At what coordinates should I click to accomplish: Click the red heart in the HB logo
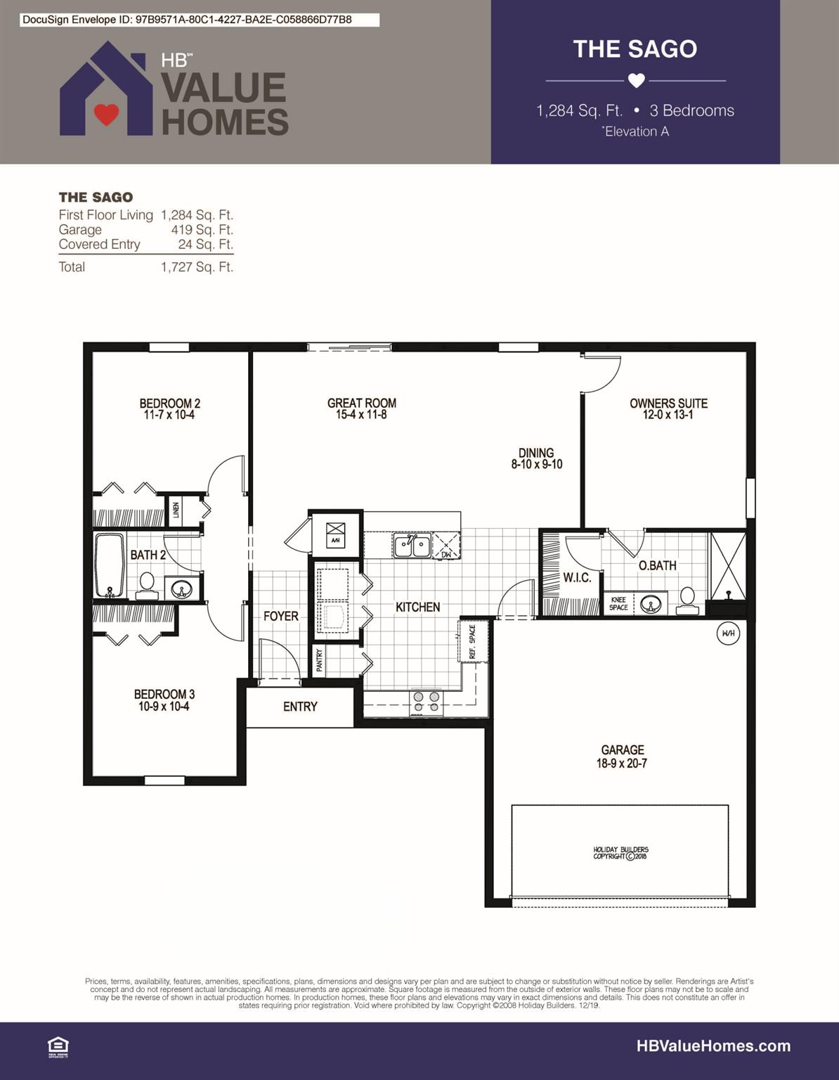pyautogui.click(x=106, y=114)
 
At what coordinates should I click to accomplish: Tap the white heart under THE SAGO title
pyautogui.click(x=636, y=81)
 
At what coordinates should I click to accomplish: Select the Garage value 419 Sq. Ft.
pyautogui.click(x=202, y=230)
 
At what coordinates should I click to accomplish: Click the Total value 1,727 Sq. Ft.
pyautogui.click(x=197, y=267)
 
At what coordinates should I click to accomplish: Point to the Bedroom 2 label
pyautogui.click(x=169, y=403)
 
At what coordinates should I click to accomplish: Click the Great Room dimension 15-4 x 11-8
pyautogui.click(x=361, y=415)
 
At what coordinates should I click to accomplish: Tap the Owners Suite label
pyautogui.click(x=668, y=403)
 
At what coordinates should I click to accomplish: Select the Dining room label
pyautogui.click(x=536, y=453)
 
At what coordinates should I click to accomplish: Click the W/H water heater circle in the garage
pyautogui.click(x=728, y=634)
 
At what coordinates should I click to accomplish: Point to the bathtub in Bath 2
pyautogui.click(x=109, y=565)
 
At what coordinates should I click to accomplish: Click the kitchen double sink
pyautogui.click(x=412, y=546)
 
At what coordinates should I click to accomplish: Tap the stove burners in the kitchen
pyautogui.click(x=427, y=702)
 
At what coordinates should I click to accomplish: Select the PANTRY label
pyautogui.click(x=319, y=660)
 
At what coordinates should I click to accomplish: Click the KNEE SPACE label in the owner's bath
pyautogui.click(x=618, y=604)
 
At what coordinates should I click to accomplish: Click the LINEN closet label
pyautogui.click(x=176, y=509)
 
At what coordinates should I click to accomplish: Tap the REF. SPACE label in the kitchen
pyautogui.click(x=472, y=641)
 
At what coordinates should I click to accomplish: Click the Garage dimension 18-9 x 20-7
pyautogui.click(x=621, y=764)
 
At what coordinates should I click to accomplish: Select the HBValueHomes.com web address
pyautogui.click(x=713, y=1046)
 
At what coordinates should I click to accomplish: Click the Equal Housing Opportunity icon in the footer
pyautogui.click(x=58, y=1047)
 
